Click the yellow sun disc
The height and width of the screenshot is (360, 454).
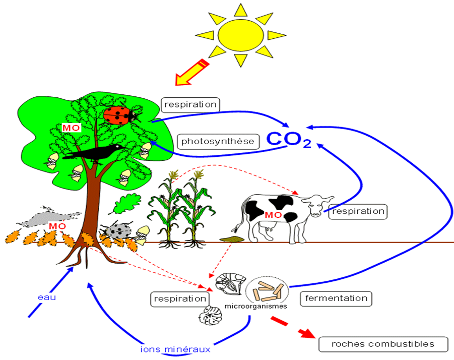click(241, 35)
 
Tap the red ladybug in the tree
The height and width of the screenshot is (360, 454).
click(119, 115)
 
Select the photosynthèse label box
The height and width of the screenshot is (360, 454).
click(218, 141)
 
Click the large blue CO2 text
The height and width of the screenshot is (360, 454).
click(289, 140)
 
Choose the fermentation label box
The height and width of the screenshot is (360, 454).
click(336, 298)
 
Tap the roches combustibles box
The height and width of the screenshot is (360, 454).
click(383, 344)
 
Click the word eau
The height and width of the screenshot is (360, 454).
click(47, 297)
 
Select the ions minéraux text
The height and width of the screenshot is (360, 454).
click(175, 349)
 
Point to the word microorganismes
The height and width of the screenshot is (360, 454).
click(255, 306)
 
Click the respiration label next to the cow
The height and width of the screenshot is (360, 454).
click(358, 211)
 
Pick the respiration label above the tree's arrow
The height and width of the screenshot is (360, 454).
click(190, 104)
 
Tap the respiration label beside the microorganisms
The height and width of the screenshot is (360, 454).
click(180, 299)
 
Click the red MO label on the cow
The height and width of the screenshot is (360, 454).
click(273, 215)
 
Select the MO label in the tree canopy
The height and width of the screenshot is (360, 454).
click(71, 128)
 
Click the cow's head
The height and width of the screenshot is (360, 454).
click(317, 205)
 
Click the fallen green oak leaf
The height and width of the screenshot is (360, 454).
click(125, 203)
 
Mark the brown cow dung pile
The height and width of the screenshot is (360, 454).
click(232, 239)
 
